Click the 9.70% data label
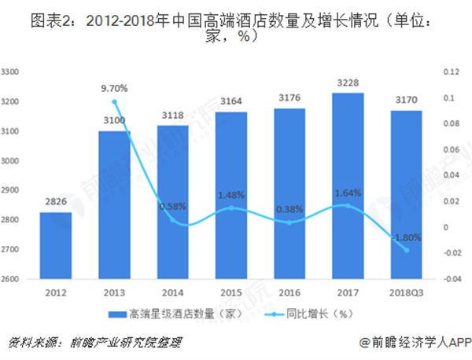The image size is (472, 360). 114,88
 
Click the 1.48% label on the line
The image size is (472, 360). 231,195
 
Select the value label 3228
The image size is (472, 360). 348,83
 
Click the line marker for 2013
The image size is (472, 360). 114,101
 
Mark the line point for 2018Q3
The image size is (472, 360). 407,250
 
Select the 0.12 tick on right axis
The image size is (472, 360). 450,72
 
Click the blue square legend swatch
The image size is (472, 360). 120,313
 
